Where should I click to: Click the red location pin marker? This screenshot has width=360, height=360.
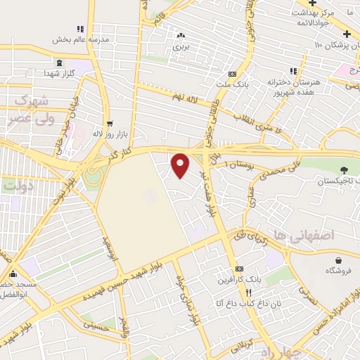click(181, 165)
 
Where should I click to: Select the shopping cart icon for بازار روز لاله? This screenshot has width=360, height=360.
click(108, 122)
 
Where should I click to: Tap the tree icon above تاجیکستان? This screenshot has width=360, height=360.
click(344, 169)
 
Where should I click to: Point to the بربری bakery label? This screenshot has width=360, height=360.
click(181, 47)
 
